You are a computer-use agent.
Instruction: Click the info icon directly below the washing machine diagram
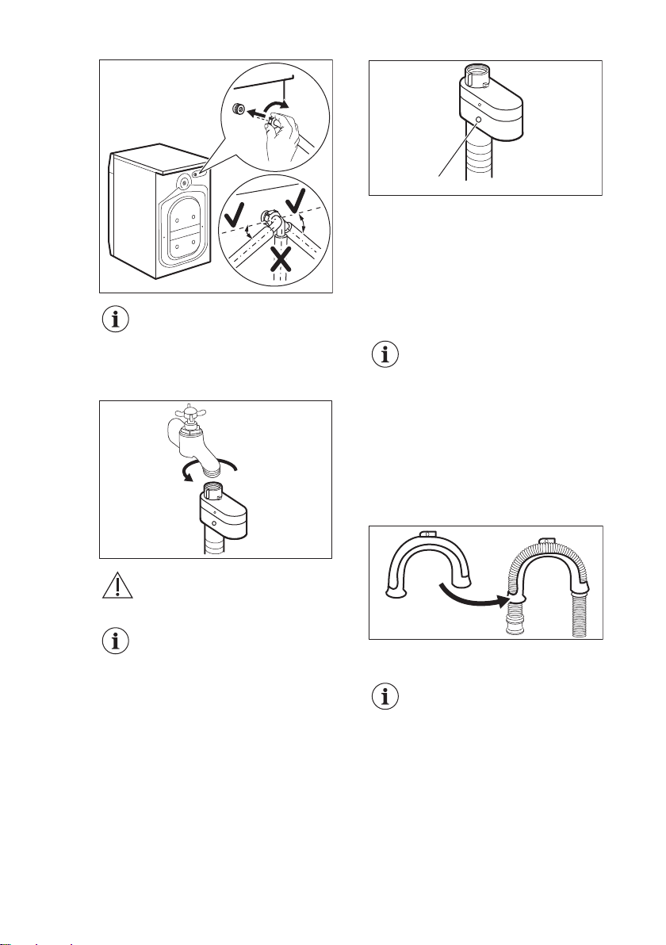pos(116,322)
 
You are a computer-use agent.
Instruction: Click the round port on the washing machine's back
pos(183,181)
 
